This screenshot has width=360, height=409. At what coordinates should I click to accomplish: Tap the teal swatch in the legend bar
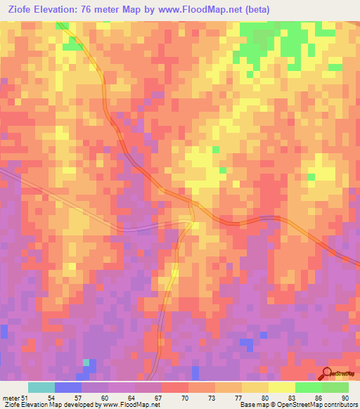point(41,387)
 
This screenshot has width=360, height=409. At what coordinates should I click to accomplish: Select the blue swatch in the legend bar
point(68,387)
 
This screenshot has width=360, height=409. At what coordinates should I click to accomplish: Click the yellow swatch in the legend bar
point(281,387)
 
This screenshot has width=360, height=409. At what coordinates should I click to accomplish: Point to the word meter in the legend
point(10,397)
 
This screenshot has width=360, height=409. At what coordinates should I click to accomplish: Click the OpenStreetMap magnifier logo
point(327,374)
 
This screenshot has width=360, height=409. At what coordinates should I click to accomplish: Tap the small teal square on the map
point(86,363)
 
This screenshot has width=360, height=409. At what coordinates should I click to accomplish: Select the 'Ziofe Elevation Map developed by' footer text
point(46,405)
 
